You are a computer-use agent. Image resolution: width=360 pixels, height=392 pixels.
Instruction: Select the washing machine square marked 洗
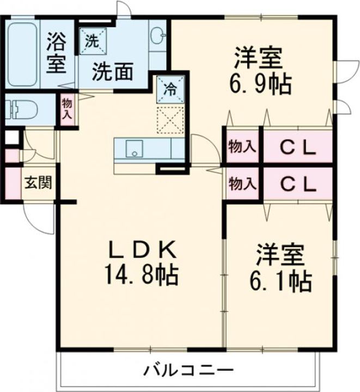click(x=93, y=41)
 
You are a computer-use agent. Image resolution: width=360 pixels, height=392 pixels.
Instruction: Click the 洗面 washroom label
click(x=113, y=71)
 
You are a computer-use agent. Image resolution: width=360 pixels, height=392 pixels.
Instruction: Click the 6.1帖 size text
click(x=280, y=281)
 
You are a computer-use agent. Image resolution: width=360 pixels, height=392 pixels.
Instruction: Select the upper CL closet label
click(x=297, y=147)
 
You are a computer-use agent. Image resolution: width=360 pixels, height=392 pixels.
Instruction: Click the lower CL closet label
click(x=297, y=184)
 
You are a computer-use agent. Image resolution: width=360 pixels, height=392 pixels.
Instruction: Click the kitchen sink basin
click(x=133, y=148)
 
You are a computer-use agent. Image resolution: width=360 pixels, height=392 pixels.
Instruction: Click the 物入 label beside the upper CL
click(x=241, y=146)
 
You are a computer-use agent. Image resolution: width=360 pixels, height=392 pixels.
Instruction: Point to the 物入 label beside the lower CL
click(x=241, y=184)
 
